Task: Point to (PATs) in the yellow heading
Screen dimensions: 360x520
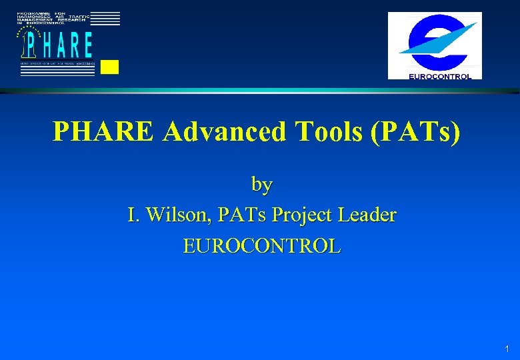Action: (x=417, y=133)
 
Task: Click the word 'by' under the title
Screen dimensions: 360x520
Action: (x=261, y=184)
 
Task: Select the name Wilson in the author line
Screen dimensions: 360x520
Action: (x=175, y=215)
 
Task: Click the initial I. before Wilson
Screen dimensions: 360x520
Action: (x=133, y=215)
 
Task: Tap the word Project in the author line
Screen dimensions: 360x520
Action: (x=303, y=215)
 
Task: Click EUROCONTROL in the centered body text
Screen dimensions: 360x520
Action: (x=262, y=246)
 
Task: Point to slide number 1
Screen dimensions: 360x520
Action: (x=507, y=349)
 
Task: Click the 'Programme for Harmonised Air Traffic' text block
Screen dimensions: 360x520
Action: (x=53, y=19)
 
